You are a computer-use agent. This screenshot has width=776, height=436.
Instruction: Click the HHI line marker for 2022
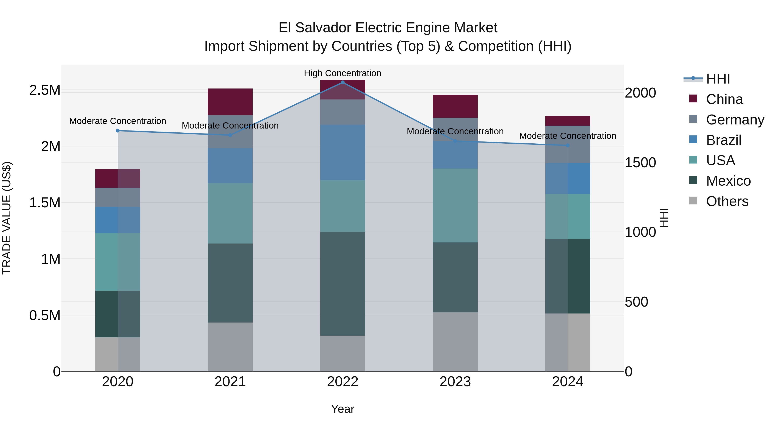coord(343,82)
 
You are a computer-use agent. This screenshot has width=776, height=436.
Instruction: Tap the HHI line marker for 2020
coord(118,131)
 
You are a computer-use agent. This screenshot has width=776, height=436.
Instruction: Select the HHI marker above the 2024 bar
coord(568,145)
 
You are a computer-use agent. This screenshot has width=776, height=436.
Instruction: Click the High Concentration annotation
coord(343,73)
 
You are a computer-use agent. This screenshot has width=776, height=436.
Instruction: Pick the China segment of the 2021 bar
coord(230,102)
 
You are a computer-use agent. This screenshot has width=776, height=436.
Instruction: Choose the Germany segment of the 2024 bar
coord(568,144)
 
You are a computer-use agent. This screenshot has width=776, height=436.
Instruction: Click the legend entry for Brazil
coord(723,140)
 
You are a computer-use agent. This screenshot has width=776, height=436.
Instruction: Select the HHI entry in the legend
coord(718,79)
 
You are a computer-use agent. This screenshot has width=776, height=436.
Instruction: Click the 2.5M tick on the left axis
coord(45,90)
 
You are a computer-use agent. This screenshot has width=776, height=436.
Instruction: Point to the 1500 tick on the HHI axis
coord(640,163)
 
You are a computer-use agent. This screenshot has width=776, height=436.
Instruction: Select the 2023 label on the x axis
coord(455,382)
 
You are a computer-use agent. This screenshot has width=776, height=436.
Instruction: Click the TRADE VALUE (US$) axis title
coord(7,218)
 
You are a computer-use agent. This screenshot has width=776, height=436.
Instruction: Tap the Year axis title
coord(343,409)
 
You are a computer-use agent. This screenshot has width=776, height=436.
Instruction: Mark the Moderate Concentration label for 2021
coord(230,126)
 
